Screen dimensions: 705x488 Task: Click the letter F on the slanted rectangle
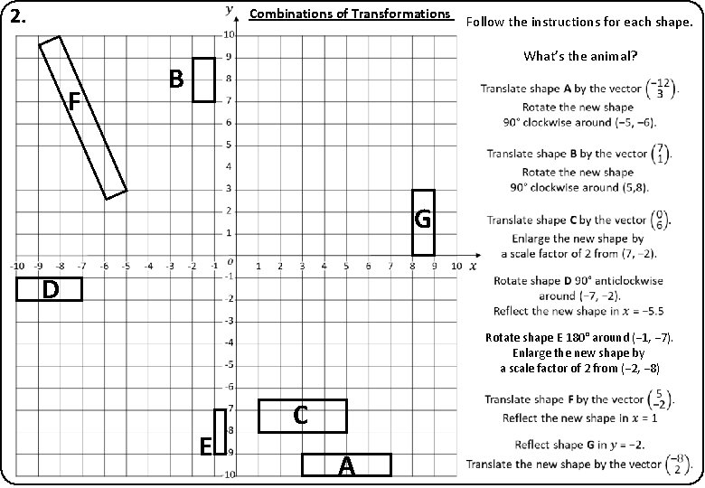[x=75, y=104]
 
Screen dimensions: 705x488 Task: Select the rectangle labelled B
[x=203, y=80]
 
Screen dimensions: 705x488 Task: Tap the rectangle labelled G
[x=423, y=222]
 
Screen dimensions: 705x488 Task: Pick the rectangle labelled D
[x=50, y=289]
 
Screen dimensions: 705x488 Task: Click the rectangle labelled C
[x=302, y=416]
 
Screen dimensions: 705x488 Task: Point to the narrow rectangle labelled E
[x=220, y=432]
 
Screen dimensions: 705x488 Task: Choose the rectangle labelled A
[x=346, y=465]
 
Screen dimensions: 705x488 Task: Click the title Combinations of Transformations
[x=349, y=14]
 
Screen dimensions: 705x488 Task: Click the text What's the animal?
[x=580, y=56]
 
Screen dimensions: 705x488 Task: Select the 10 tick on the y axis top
[x=229, y=34]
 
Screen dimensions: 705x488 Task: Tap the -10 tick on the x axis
[x=16, y=267]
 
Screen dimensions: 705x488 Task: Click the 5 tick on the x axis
[x=346, y=267]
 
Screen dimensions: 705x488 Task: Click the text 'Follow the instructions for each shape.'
[x=578, y=20]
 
